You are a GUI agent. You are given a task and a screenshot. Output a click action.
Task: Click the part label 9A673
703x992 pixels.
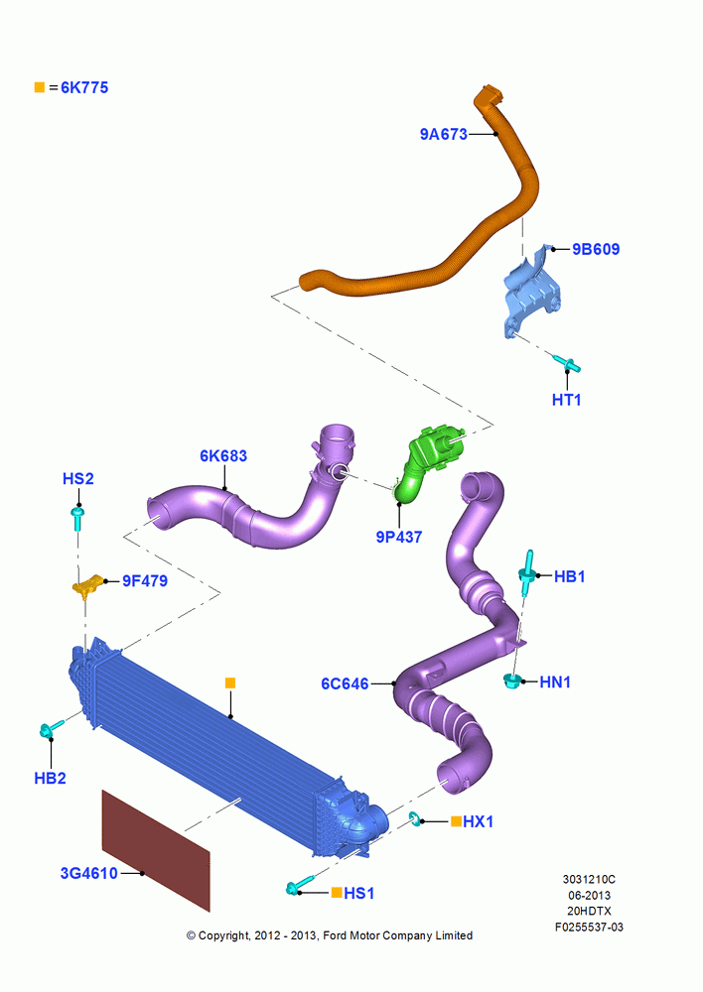(x=443, y=134)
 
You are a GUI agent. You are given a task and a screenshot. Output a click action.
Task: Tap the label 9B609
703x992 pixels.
(x=596, y=249)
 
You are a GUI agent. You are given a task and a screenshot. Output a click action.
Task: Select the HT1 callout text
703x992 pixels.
(x=566, y=400)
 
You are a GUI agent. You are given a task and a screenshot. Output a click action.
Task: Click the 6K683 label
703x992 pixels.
(x=223, y=456)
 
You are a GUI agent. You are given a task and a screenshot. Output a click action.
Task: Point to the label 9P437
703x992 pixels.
(x=399, y=537)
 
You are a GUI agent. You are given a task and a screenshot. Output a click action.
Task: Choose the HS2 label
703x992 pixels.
(x=77, y=479)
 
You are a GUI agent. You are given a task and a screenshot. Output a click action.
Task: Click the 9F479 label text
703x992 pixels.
(x=145, y=580)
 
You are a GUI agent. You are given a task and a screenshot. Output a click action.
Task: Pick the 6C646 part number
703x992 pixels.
(x=345, y=683)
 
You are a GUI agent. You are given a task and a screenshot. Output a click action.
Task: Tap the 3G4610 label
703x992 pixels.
(x=88, y=874)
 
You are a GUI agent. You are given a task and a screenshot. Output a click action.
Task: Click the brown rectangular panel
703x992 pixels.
(x=156, y=851)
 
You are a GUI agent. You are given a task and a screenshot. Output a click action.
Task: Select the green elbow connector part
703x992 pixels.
(x=428, y=462)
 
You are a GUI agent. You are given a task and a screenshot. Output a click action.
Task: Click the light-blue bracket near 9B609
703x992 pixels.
(x=532, y=293)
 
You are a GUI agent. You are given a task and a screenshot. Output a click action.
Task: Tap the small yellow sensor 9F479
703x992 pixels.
(x=88, y=585)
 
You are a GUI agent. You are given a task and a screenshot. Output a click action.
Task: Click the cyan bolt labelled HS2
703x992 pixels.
(x=77, y=518)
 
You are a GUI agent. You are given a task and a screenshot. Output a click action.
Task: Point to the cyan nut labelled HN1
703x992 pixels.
(x=511, y=682)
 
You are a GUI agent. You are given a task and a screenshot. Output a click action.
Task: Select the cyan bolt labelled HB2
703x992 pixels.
(x=51, y=729)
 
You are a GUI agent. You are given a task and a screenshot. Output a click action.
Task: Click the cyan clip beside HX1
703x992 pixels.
(x=415, y=818)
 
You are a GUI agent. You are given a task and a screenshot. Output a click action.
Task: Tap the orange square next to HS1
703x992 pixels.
(x=337, y=893)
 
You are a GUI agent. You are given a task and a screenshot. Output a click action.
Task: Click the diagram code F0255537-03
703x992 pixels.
(x=589, y=928)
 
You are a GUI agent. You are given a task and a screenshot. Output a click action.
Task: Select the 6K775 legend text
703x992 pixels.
(x=84, y=88)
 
